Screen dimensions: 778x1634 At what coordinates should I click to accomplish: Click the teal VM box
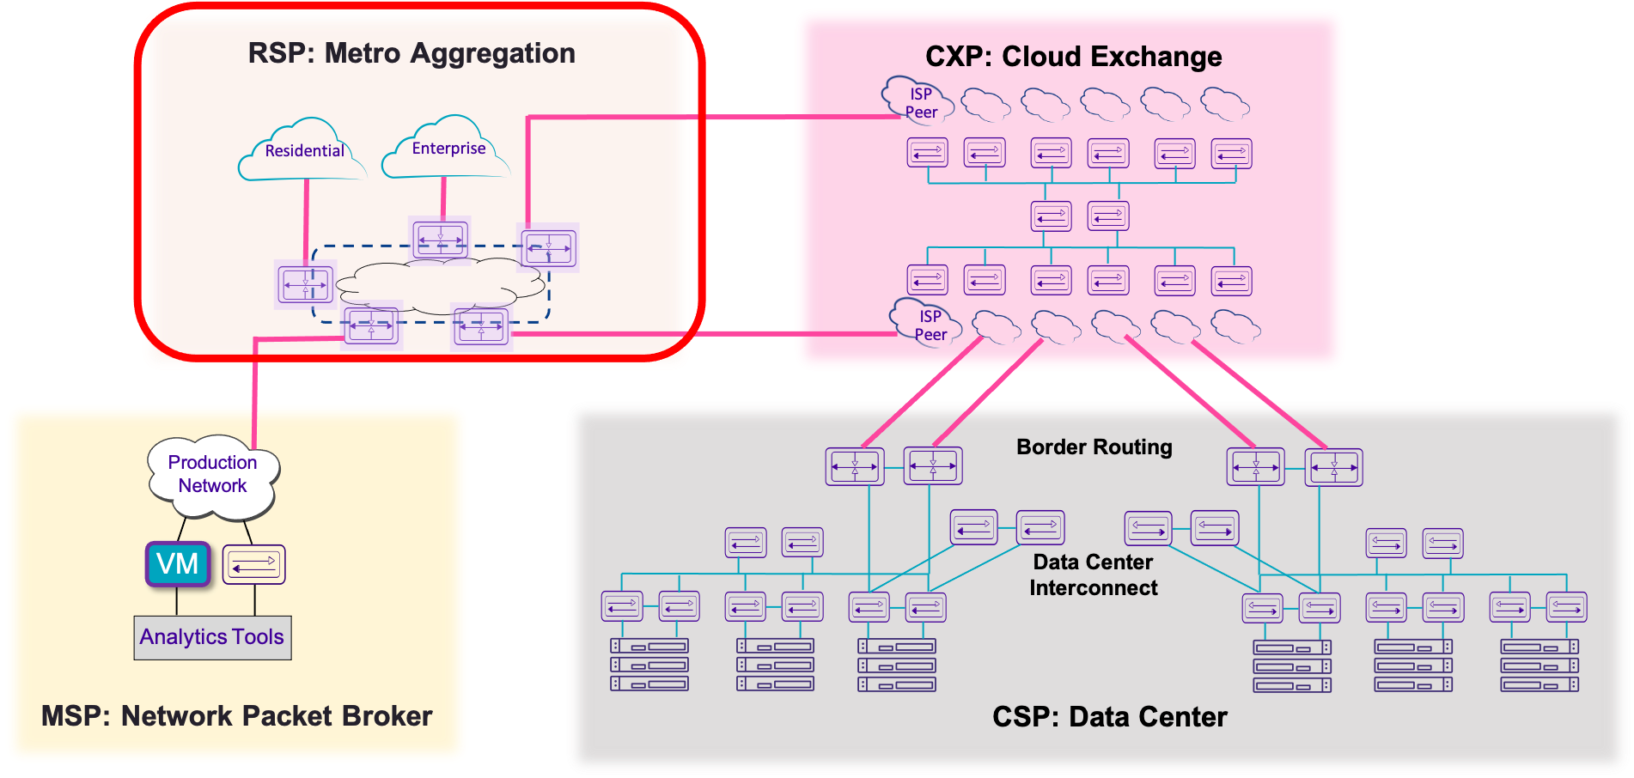point(178,564)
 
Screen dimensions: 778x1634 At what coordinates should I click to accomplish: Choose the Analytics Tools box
point(212,637)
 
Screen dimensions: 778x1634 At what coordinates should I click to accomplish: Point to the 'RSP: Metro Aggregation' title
point(412,53)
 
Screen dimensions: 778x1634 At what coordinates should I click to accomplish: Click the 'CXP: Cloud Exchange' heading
point(1073,57)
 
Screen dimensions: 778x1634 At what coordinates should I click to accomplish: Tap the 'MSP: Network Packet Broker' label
point(236,716)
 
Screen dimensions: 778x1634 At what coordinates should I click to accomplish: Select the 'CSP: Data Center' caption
point(1109,717)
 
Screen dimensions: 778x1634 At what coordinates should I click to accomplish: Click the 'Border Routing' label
point(1094,447)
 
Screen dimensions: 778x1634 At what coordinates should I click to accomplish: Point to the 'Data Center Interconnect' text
point(1093,575)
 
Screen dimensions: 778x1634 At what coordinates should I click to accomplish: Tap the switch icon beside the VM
point(253,565)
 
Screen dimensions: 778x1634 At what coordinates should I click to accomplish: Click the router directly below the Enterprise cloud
point(440,239)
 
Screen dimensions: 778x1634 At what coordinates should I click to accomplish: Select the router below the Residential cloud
point(305,284)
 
